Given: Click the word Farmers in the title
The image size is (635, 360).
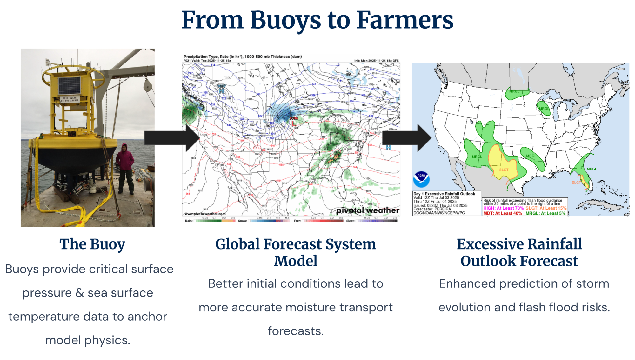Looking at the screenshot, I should click(405, 20).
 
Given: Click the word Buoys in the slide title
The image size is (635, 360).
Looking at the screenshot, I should click(285, 21).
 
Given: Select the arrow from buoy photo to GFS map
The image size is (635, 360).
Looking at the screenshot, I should click(171, 138).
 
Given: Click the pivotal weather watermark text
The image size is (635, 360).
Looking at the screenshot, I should click(368, 210).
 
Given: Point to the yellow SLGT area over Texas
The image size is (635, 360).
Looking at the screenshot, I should click(497, 160).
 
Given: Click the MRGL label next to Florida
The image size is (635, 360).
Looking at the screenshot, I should click(592, 169).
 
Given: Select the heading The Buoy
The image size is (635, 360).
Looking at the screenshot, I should click(92, 244).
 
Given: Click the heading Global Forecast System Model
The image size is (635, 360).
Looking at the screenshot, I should click(295, 252).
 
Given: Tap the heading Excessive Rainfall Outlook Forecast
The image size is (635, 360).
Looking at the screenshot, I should click(519, 252).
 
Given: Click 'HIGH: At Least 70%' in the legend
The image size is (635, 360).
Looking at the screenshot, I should click(503, 208).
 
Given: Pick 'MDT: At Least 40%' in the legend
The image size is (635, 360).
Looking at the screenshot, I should click(502, 213).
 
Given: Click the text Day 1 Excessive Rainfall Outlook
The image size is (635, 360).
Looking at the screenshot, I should click(444, 194).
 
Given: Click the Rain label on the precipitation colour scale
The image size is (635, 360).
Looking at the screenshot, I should click(189, 221).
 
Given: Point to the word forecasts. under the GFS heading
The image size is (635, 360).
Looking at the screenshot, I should click(296, 331).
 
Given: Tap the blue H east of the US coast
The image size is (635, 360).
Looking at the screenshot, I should click(388, 148).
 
